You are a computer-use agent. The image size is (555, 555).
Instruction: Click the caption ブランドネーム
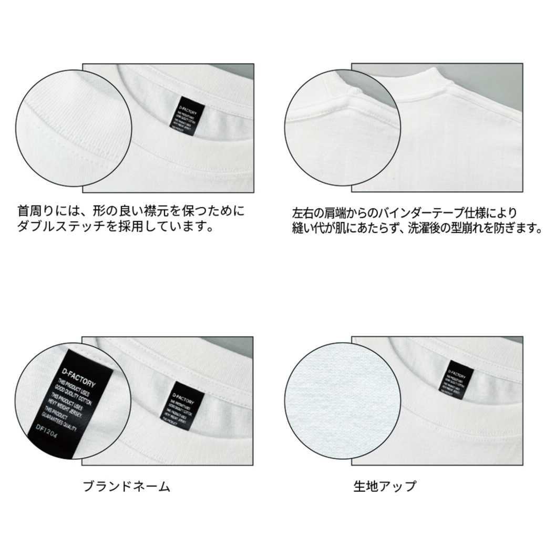tap(127, 487)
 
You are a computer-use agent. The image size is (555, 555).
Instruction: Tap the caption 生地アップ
tap(384, 487)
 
